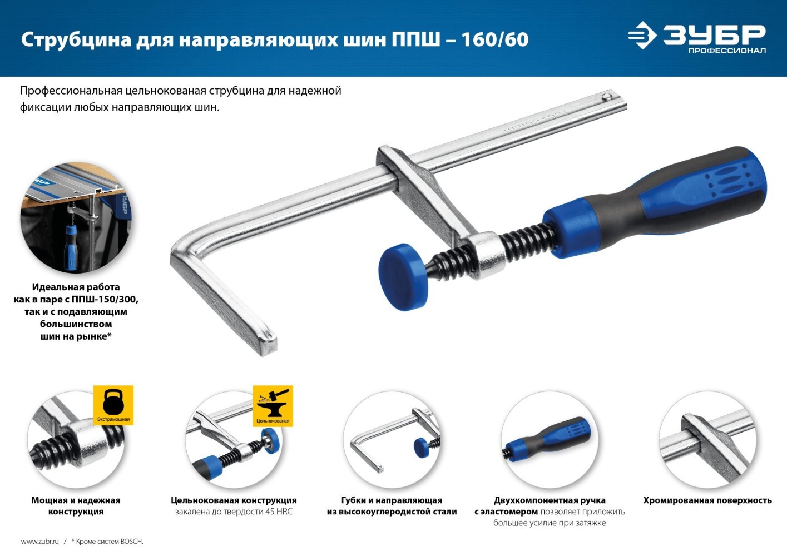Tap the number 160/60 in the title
[494, 39]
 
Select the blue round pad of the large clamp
[403, 277]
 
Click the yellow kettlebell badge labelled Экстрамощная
[113, 405]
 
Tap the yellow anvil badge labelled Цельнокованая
[273, 406]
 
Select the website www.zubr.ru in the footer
[39, 541]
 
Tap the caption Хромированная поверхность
[707, 500]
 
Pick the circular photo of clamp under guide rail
[76, 217]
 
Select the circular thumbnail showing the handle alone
[550, 439]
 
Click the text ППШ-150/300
[105, 299]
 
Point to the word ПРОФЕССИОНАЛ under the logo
[727, 51]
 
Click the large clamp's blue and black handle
[654, 202]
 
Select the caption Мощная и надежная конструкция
[76, 506]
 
